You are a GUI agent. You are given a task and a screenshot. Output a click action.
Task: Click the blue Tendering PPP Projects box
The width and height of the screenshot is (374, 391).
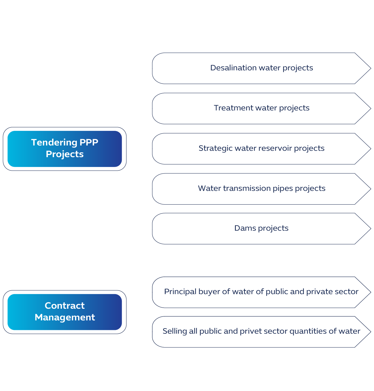coord(65,149)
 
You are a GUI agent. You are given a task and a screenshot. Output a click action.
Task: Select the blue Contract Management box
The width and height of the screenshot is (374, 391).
coord(65,312)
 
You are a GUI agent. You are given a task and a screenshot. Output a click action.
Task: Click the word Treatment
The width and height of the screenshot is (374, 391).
coord(233,108)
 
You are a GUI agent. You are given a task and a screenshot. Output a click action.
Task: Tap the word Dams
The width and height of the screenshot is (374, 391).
coord(245,228)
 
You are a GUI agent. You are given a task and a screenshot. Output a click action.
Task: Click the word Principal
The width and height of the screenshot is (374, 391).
coord(180,292)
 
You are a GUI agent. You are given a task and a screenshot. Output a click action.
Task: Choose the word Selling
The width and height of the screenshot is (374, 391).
coord(175,331)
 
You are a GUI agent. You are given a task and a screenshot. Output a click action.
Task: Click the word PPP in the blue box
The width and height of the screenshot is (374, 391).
coord(89,143)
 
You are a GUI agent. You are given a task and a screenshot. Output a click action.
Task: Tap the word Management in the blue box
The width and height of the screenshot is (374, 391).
coord(65,317)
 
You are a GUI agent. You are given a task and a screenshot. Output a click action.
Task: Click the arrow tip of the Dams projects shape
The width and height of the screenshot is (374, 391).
coord(371,229)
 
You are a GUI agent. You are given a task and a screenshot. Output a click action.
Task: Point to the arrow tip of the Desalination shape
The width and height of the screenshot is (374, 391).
coord(371,68)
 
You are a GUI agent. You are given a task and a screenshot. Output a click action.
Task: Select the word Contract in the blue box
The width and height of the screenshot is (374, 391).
coord(65,306)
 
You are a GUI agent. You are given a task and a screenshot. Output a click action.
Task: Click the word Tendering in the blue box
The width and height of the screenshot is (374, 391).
coord(54,143)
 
